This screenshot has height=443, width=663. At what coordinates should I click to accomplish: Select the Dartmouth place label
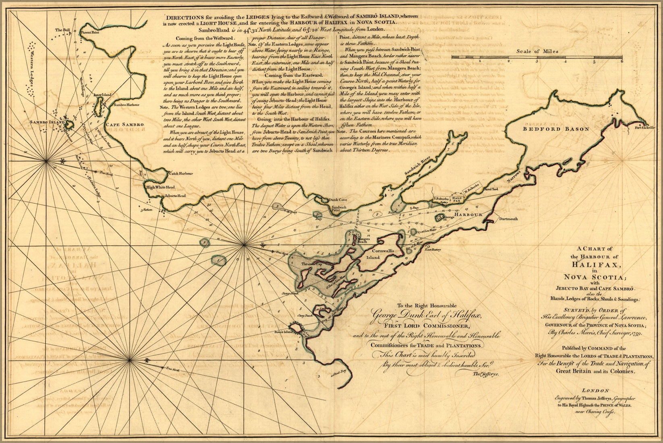[509, 219]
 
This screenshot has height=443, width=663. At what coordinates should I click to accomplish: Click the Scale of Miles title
[536, 51]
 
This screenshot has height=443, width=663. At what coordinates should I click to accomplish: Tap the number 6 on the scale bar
[622, 61]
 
